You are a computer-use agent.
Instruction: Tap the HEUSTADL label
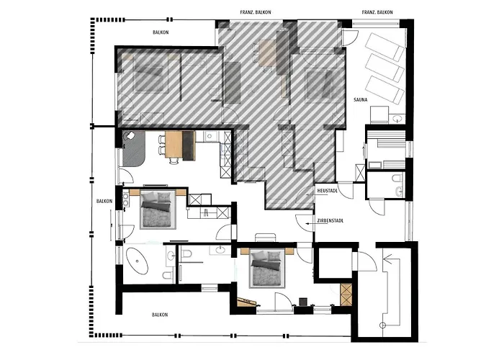[x=327, y=191]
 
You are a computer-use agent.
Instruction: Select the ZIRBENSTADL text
[x=329, y=222]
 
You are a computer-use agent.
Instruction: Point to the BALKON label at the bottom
[x=159, y=315]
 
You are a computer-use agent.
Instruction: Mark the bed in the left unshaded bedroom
[x=156, y=210]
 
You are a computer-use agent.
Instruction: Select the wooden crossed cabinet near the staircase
[x=346, y=294]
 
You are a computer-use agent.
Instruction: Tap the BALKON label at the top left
[x=160, y=32]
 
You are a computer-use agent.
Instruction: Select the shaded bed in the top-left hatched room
[x=150, y=74]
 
